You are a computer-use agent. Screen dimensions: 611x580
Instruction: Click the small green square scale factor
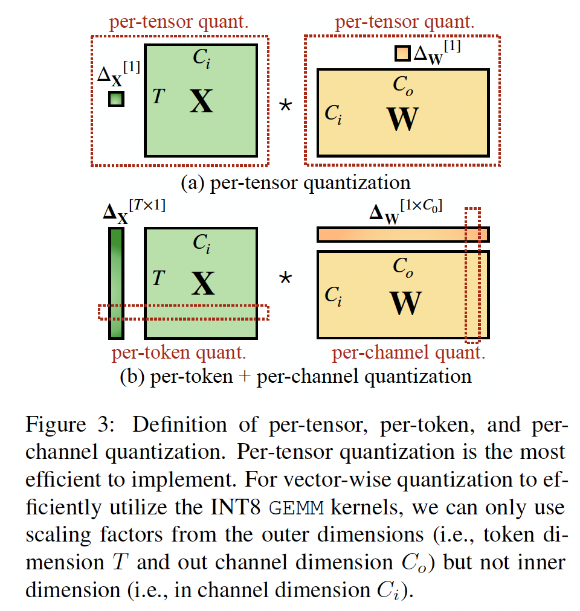(x=116, y=98)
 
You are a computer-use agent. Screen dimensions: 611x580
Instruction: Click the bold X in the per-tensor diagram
(x=201, y=101)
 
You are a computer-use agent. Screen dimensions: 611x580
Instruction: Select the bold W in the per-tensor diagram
(x=402, y=119)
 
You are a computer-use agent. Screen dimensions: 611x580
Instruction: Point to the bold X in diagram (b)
(x=203, y=283)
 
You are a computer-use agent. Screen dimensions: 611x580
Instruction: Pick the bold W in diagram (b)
(x=405, y=302)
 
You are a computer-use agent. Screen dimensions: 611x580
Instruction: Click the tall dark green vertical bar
(x=116, y=283)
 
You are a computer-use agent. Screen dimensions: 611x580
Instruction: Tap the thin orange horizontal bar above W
(x=402, y=234)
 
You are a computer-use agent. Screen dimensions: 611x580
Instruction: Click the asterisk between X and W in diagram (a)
(x=285, y=106)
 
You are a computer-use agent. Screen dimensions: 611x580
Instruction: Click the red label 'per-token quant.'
(x=179, y=353)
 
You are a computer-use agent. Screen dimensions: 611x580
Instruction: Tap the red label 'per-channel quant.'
(x=408, y=353)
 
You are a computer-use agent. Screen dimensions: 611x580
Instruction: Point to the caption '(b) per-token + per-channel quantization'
(x=295, y=376)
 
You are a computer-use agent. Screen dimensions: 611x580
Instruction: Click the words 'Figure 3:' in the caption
(x=66, y=424)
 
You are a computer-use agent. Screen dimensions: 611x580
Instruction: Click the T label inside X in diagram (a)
(x=158, y=96)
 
